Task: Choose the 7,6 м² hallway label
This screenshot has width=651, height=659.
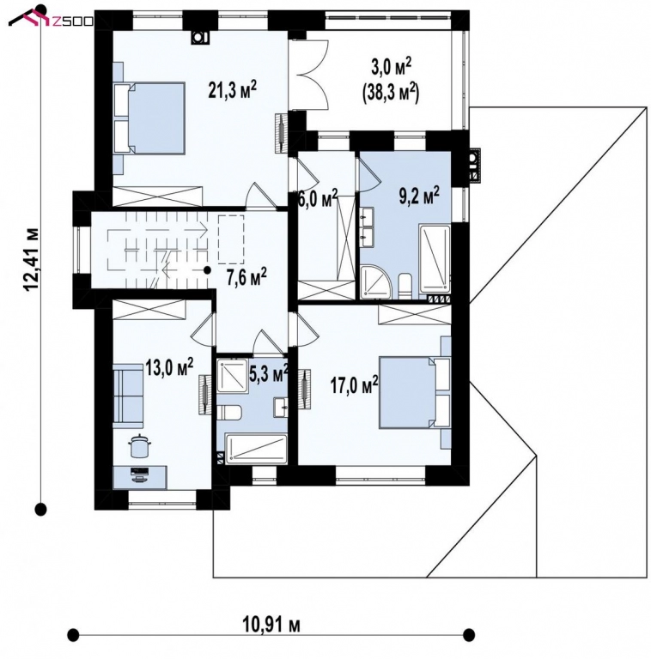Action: click(246, 276)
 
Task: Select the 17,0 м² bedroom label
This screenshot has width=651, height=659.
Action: click(355, 385)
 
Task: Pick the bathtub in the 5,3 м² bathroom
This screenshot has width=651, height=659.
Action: click(256, 447)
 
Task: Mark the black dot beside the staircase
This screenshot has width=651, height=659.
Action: click(208, 270)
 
